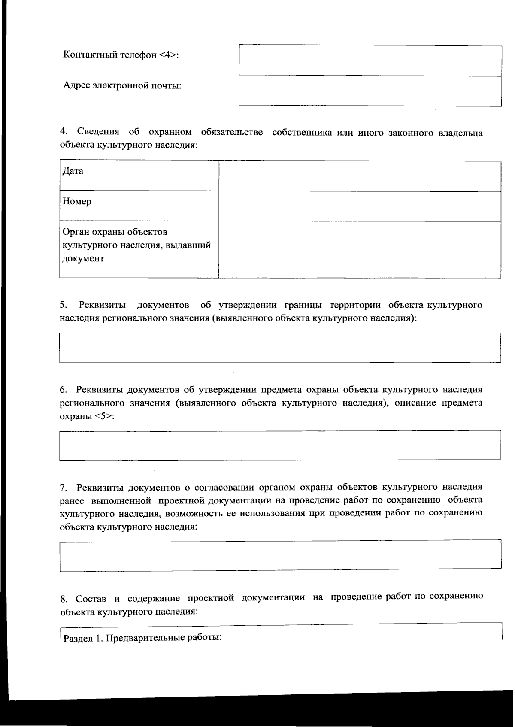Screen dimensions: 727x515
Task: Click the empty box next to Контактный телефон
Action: point(370,61)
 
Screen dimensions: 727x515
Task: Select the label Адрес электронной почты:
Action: point(122,85)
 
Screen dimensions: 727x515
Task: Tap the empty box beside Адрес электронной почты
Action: point(370,91)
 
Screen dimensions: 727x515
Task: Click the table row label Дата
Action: point(73,171)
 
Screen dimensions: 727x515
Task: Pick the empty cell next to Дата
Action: point(360,176)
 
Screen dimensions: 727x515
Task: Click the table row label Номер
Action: point(77,201)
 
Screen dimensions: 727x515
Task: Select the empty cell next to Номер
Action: point(360,206)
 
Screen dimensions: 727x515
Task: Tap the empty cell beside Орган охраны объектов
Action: point(360,249)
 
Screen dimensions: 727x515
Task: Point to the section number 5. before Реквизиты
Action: point(64,305)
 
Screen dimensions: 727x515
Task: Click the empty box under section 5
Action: point(280,348)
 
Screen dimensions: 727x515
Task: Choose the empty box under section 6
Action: point(280,445)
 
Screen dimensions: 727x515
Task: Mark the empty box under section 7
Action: point(280,555)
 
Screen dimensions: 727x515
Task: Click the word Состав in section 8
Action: point(91,598)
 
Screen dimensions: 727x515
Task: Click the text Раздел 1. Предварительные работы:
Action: point(142,637)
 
